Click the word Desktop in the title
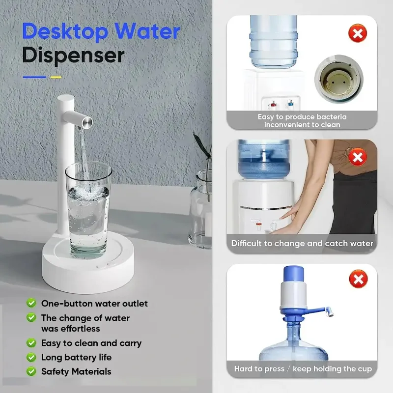(x=65, y=32)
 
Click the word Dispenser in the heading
(x=73, y=56)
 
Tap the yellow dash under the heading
(x=56, y=77)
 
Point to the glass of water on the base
(x=88, y=211)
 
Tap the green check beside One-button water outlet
(x=31, y=303)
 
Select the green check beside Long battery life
(x=31, y=357)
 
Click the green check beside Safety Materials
(x=31, y=371)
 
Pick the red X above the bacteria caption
(x=358, y=33)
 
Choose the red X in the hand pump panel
(x=358, y=279)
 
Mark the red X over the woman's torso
(x=358, y=157)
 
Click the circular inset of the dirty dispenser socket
(x=338, y=79)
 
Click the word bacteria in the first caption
(x=331, y=117)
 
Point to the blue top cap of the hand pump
(x=293, y=274)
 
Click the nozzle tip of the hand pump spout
(x=330, y=311)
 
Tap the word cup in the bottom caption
(x=365, y=369)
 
